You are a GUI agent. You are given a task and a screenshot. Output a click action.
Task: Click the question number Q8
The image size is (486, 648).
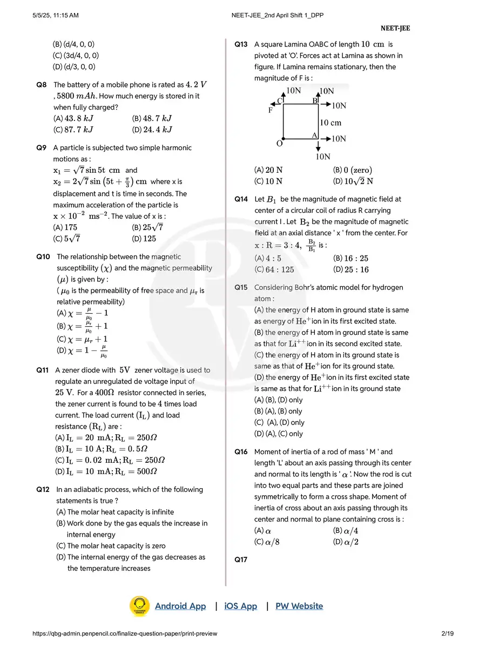pyautogui.click(x=41, y=85)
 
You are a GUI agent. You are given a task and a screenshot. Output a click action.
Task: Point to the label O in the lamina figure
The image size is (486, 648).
pyautogui.click(x=279, y=144)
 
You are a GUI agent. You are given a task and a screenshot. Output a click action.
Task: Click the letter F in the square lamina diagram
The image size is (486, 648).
pyautogui.click(x=271, y=111)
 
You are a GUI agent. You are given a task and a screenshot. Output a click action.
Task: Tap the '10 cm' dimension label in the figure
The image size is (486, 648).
pyautogui.click(x=330, y=123)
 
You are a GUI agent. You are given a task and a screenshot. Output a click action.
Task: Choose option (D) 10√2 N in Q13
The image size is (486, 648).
pyautogui.click(x=353, y=181)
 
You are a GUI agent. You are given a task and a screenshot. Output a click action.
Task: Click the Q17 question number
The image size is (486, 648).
pyautogui.click(x=241, y=560)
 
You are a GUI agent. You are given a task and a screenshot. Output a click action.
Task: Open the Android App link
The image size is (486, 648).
pyautogui.click(x=180, y=606)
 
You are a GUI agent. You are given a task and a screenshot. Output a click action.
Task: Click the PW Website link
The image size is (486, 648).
pyautogui.click(x=299, y=606)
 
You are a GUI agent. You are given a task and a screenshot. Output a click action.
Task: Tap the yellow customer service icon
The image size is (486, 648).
pyautogui.click(x=139, y=606)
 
